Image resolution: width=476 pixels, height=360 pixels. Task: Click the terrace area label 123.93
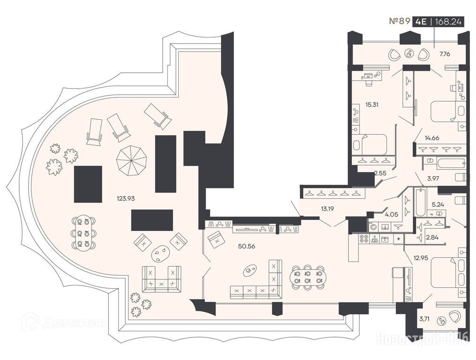click(x=126, y=199)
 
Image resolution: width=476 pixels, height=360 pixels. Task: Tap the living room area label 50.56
click(x=247, y=246)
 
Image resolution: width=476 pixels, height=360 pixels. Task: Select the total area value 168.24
click(x=448, y=22)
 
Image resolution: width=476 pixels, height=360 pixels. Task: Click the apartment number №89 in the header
click(x=400, y=21)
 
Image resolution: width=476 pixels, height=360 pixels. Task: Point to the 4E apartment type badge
click(x=421, y=22)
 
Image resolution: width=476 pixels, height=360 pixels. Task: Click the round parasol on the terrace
click(x=131, y=160)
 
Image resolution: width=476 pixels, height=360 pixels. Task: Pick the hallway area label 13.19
click(x=327, y=209)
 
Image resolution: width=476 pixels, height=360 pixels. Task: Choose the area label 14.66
click(x=431, y=138)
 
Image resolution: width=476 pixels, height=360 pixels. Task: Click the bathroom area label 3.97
click(x=433, y=179)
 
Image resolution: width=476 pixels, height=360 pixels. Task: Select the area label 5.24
click(x=438, y=204)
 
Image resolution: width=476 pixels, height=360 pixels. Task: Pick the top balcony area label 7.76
click(x=445, y=54)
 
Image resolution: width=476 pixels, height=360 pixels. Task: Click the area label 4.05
click(x=391, y=214)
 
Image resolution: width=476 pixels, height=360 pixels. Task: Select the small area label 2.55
click(x=380, y=173)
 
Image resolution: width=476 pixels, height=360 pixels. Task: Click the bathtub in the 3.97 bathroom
click(x=451, y=164)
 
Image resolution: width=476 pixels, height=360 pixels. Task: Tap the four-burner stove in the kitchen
click(x=363, y=239)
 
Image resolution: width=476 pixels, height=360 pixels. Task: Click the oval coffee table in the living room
click(x=250, y=270)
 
